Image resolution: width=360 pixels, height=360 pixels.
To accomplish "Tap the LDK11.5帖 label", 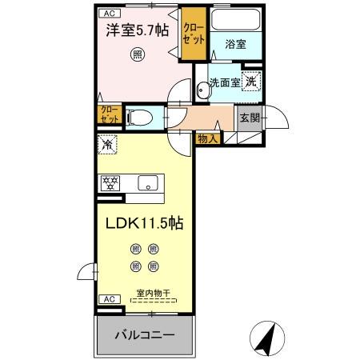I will click(x=145, y=223).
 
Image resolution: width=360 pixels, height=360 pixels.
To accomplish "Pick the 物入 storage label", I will click(x=207, y=138).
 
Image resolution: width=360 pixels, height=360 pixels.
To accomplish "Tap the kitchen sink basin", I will click(x=148, y=183).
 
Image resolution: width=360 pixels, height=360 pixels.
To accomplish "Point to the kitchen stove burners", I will click(x=110, y=183).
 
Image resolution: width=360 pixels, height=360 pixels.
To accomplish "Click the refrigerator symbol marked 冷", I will click(x=107, y=144).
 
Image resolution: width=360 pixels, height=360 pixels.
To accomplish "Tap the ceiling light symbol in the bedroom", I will click(x=138, y=55).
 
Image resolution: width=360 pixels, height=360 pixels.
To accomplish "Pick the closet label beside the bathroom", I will click(x=193, y=33).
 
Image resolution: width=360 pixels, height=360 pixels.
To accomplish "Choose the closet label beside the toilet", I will click(x=108, y=114).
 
